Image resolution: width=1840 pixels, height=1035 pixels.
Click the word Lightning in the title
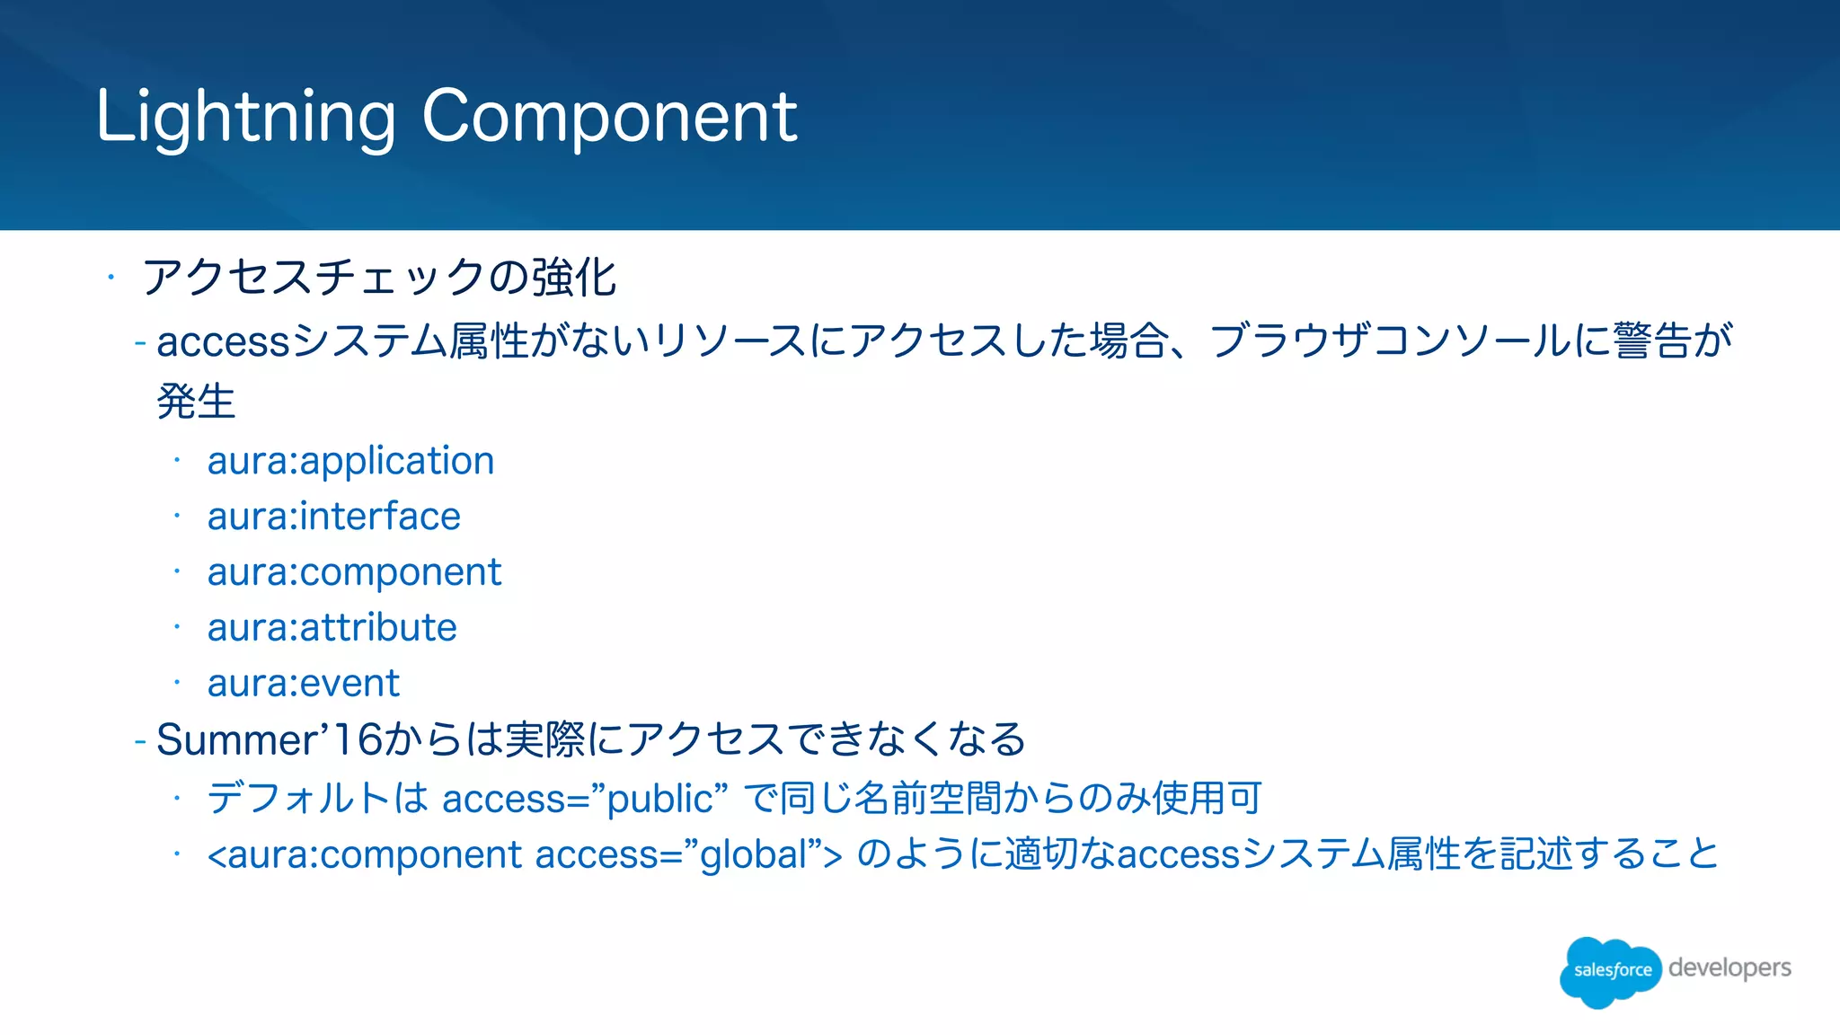[245, 118]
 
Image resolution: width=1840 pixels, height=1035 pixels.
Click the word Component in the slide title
[609, 116]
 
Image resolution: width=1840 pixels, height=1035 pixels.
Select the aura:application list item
[350, 461]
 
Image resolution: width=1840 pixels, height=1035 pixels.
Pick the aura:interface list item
[333, 517]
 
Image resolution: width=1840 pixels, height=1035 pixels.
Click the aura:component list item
[354, 572]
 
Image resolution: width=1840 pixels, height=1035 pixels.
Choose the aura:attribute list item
[332, 628]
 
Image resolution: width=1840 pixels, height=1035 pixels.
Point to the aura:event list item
[303, 684]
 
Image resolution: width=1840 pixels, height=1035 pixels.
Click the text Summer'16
[269, 740]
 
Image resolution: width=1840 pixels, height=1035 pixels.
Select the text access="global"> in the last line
[688, 854]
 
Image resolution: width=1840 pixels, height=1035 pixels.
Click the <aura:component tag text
[364, 854]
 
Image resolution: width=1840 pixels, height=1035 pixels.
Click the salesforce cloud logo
[1611, 970]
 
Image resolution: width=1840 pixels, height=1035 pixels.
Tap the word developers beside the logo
[1729, 968]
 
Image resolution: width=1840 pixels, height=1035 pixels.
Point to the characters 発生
[196, 401]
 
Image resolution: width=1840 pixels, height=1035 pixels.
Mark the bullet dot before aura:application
[178, 461]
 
